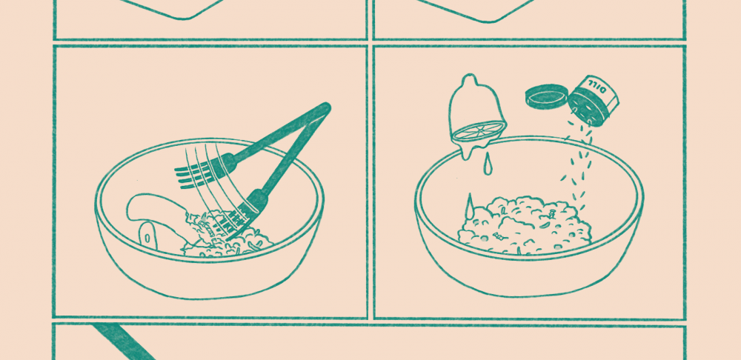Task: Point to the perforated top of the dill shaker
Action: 586,109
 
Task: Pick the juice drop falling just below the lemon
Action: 488,167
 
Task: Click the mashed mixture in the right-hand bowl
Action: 525,225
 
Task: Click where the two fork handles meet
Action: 324,109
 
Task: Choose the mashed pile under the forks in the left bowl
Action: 227,236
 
